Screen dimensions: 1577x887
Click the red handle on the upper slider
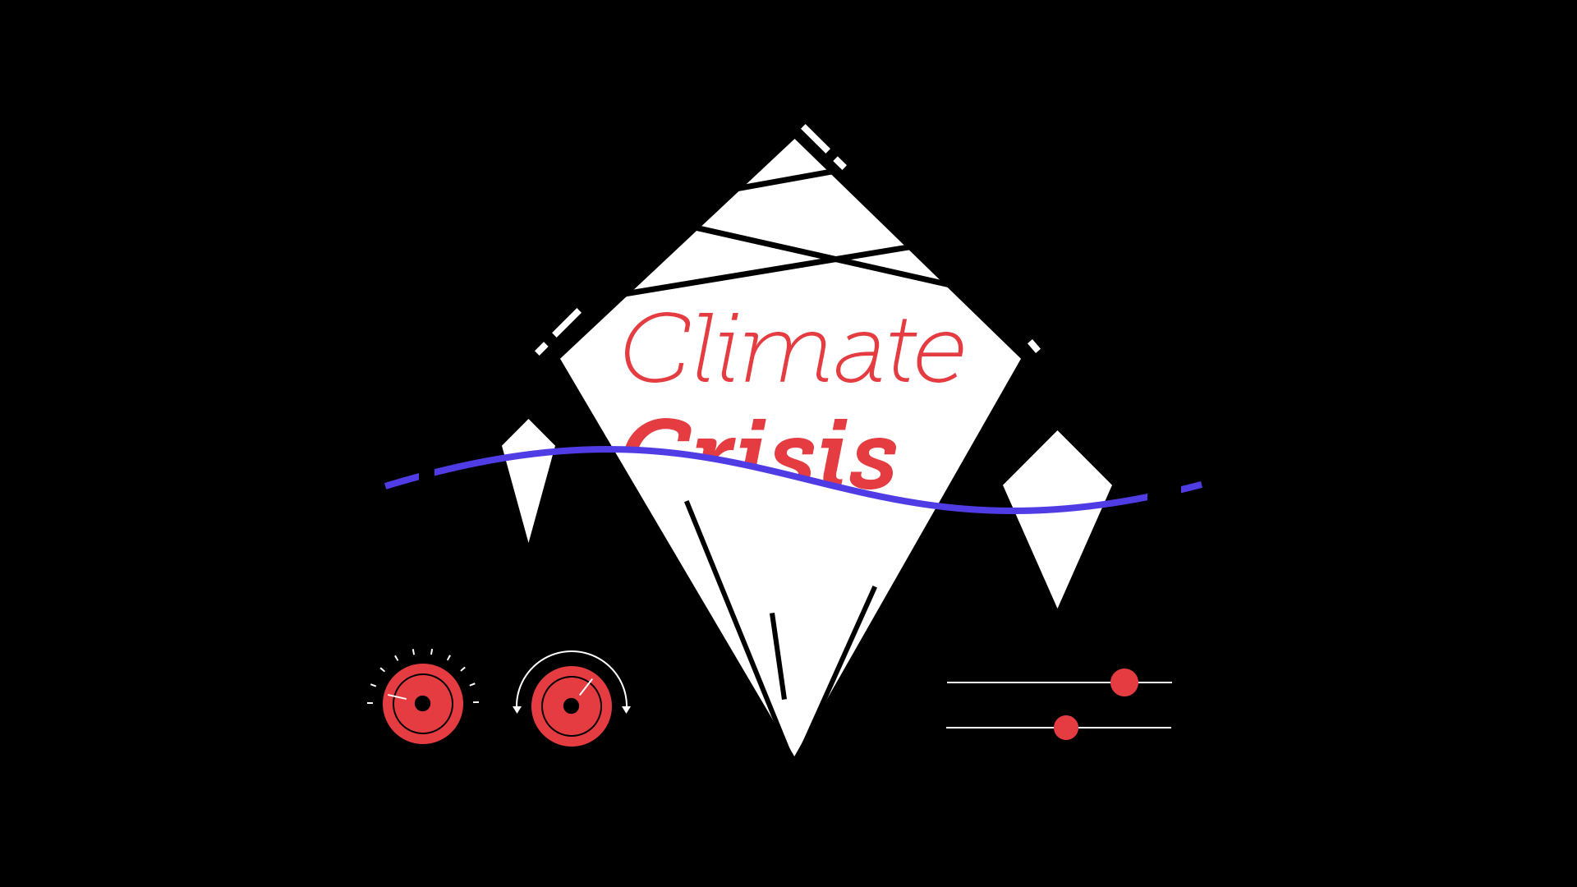[1124, 682]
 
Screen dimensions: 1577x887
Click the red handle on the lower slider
[1066, 728]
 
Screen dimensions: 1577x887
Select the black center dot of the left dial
[422, 703]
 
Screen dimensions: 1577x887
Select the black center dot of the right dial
[571, 705]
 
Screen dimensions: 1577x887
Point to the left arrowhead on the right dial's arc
[517, 710]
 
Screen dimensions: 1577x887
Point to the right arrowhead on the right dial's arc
[626, 710]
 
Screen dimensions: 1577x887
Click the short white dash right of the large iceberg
[1034, 346]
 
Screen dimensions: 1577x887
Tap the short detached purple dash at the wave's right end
[1191, 487]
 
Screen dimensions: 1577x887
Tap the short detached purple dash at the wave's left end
[402, 481]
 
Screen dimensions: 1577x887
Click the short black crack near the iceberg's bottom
[778, 656]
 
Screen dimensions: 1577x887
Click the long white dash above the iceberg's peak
[816, 138]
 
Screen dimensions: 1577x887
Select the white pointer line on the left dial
[397, 697]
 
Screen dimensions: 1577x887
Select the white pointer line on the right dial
[586, 687]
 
